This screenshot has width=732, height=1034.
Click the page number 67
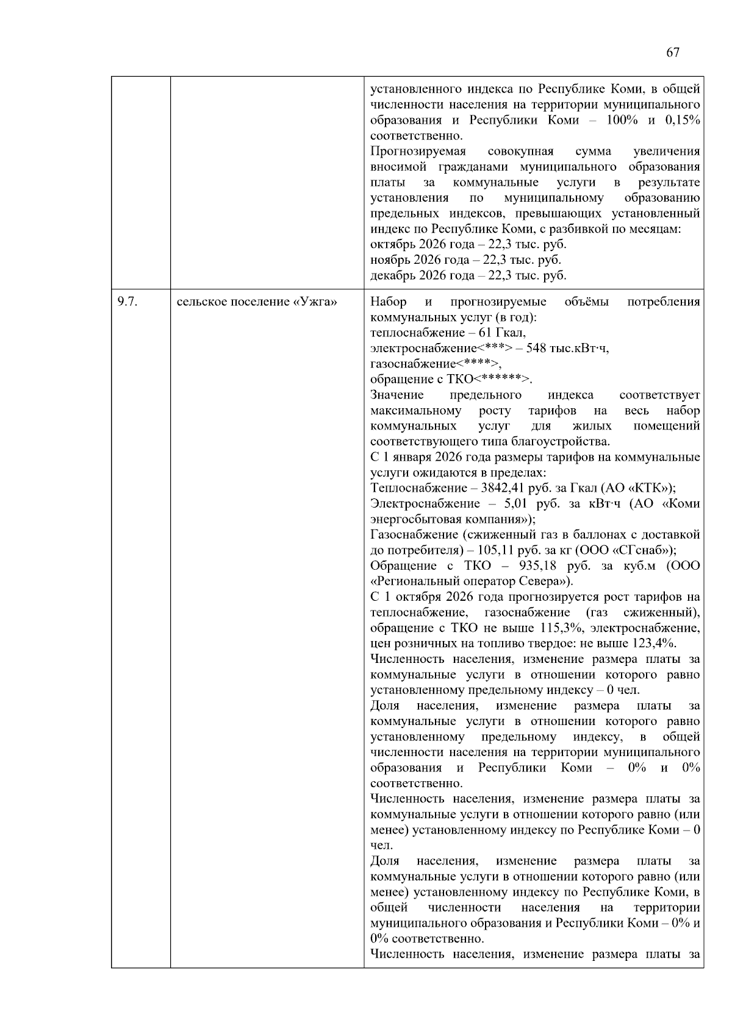672,52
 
